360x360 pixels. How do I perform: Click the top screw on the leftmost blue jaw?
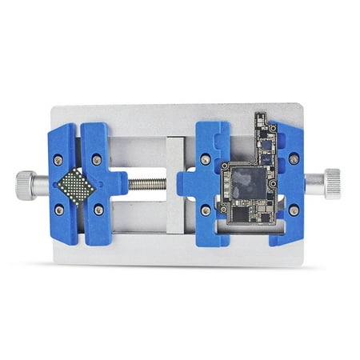point(58,159)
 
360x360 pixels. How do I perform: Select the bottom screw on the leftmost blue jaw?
point(58,210)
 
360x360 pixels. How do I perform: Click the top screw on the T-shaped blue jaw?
point(97,159)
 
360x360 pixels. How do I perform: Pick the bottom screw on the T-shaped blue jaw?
point(98,210)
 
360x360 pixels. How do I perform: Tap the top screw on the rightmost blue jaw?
point(294,159)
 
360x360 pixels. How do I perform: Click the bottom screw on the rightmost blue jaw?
point(294,210)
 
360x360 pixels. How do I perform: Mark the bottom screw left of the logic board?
point(206,210)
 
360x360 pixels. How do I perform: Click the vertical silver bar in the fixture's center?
point(175,184)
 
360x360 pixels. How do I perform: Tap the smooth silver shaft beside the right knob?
point(313,183)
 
